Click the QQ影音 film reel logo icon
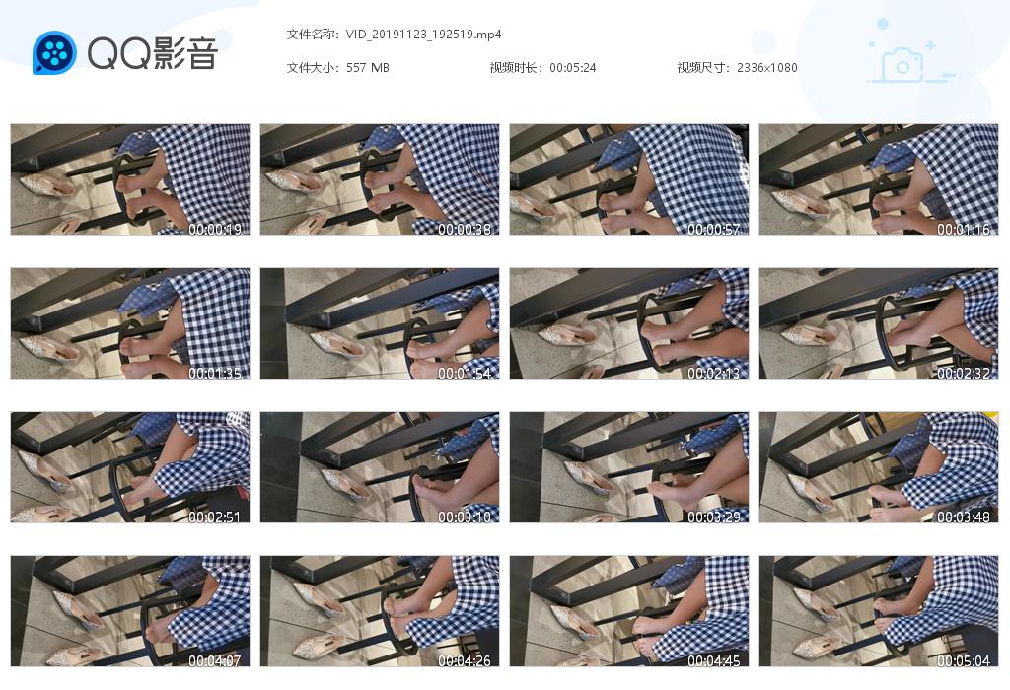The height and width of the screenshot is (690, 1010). (x=54, y=52)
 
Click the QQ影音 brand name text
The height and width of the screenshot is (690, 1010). (x=153, y=53)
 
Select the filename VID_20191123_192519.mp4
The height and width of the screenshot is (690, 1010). (x=423, y=34)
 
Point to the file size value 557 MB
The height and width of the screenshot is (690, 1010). (x=367, y=68)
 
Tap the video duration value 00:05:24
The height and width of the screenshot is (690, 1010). (x=573, y=68)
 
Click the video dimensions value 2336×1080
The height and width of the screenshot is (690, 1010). (x=766, y=68)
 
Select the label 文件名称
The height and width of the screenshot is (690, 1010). (x=313, y=34)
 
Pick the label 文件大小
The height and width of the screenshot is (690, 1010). (x=313, y=68)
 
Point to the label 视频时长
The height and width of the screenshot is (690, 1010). (x=517, y=68)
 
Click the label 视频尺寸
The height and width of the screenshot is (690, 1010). (x=704, y=68)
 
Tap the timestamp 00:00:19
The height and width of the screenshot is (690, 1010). (x=214, y=229)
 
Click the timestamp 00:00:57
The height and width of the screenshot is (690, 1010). (x=714, y=229)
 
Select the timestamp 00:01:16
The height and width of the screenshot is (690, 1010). (x=963, y=229)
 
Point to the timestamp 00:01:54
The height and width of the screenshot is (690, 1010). (x=465, y=374)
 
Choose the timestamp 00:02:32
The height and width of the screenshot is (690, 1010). (x=963, y=374)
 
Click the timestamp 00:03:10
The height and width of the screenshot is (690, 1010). (x=465, y=517)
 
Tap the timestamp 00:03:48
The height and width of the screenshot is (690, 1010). (x=963, y=517)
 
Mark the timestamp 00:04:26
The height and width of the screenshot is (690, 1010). (x=465, y=661)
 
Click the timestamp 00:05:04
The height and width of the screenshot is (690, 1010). (x=963, y=661)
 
